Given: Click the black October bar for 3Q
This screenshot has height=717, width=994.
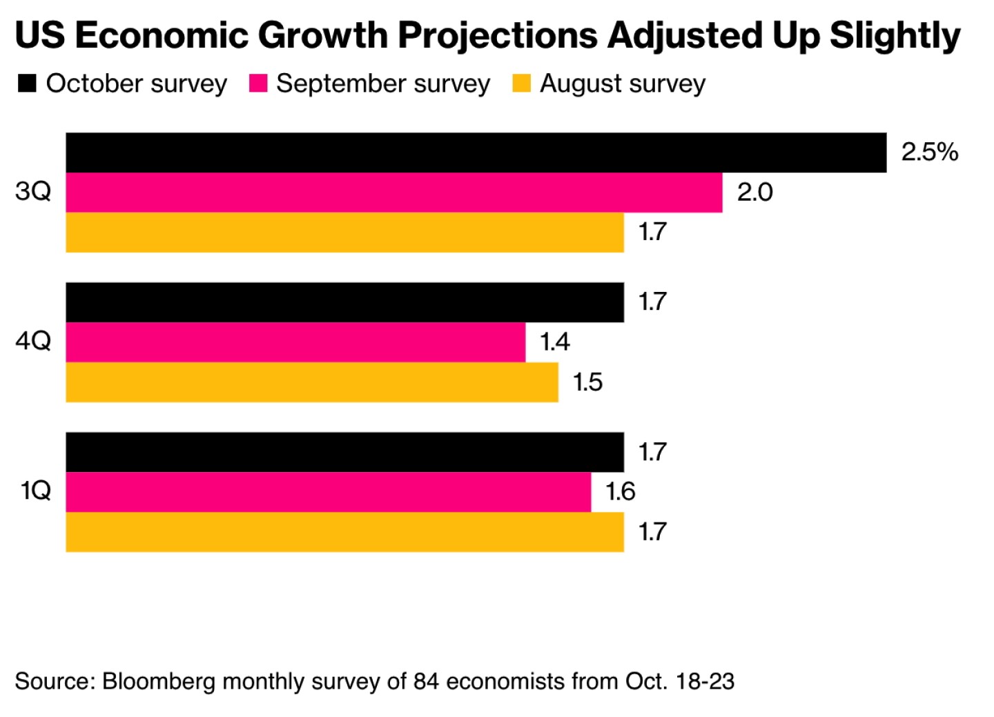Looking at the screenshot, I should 476,153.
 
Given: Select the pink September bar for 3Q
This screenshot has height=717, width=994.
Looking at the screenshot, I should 393,193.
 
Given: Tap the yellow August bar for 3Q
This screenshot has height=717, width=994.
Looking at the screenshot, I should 344,233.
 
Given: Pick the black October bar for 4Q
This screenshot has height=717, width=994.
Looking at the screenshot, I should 344,302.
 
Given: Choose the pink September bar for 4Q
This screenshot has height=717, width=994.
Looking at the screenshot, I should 295,342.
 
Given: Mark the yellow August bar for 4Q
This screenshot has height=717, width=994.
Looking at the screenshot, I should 312,382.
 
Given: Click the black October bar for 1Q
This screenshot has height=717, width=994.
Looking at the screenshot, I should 344,452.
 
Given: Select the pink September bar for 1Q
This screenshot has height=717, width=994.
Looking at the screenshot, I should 328,492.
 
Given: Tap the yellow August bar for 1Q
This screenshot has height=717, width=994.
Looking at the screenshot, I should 344,532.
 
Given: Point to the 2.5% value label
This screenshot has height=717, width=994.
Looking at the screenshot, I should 929,152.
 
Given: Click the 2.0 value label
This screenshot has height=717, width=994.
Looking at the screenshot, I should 754,192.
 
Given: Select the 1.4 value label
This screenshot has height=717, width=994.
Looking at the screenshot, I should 554,342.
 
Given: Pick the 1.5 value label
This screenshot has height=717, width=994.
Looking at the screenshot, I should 587,382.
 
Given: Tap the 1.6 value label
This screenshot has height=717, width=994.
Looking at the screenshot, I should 620,491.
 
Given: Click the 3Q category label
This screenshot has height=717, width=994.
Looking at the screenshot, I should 33,191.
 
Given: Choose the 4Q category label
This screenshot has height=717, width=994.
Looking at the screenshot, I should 33,341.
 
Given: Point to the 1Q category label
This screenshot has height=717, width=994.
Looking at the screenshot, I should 35,491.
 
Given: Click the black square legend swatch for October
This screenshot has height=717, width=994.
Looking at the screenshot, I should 27,84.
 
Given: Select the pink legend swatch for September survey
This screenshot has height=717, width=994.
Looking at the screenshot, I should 257,84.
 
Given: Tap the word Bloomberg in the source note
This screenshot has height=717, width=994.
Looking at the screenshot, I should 158,682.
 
